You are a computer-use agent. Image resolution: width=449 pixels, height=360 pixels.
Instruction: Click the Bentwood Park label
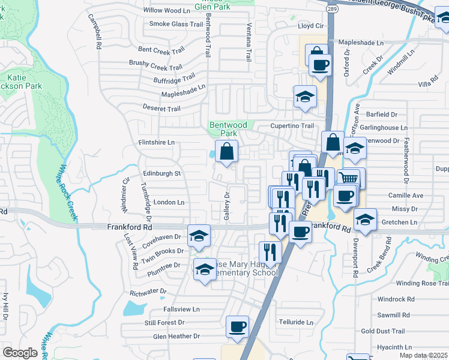(228, 129)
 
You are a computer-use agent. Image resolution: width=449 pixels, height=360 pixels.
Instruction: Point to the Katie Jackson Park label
(24, 82)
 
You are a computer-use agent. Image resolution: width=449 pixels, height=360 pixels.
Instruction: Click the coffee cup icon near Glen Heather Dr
(238, 327)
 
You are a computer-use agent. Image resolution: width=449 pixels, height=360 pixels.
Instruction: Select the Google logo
(20, 353)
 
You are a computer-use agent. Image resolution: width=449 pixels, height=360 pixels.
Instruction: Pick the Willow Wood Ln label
(166, 11)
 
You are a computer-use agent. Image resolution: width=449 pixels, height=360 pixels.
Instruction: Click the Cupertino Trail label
(292, 126)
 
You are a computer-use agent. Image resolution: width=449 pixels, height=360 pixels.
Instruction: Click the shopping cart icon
(349, 178)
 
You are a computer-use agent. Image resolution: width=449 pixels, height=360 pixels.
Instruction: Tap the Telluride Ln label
(297, 322)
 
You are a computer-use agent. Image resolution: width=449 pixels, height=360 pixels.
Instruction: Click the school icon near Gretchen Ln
(365, 220)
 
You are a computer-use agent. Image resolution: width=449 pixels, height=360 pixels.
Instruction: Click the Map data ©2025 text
(423, 356)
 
